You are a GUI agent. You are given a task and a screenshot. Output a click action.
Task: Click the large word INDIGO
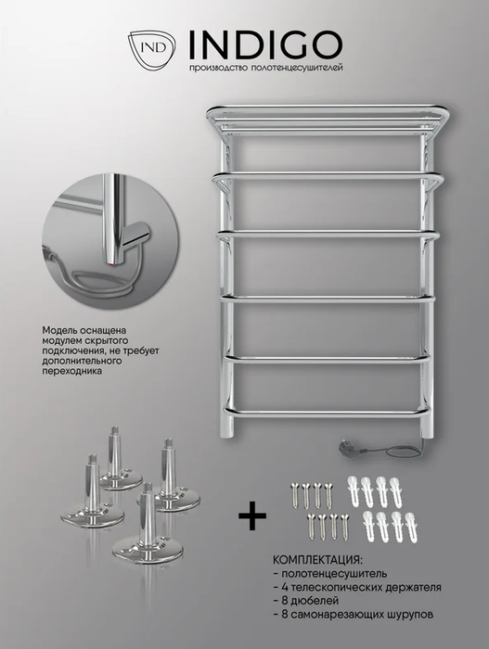click(266, 45)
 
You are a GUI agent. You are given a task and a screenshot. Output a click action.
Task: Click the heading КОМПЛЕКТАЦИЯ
click(317, 560)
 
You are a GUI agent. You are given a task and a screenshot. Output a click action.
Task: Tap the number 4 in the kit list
click(286, 587)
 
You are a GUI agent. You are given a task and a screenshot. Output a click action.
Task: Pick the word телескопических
click(339, 587)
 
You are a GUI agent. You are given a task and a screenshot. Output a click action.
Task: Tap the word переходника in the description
click(71, 371)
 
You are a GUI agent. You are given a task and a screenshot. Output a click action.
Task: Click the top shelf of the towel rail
click(328, 120)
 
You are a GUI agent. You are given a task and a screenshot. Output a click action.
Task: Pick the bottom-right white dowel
click(410, 527)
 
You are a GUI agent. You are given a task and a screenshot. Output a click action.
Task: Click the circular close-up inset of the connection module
click(110, 241)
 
